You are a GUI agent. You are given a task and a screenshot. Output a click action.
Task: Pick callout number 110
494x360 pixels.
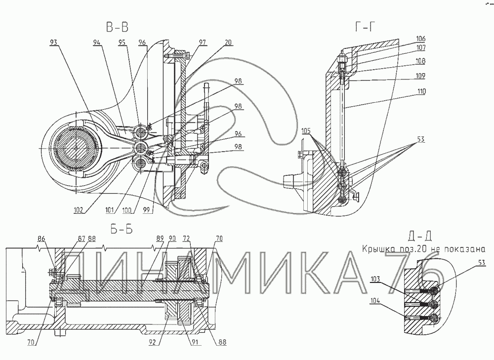click(421, 92)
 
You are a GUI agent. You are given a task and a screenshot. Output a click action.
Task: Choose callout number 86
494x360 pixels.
click(41, 239)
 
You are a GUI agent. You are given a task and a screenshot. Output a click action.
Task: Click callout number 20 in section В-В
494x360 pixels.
click(228, 42)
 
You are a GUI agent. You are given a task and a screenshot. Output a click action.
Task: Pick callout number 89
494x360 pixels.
click(159, 239)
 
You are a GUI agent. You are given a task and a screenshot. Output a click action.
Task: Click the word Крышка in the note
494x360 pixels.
click(376, 248)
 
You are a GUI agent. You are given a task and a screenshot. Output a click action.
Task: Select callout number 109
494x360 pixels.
click(421, 76)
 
